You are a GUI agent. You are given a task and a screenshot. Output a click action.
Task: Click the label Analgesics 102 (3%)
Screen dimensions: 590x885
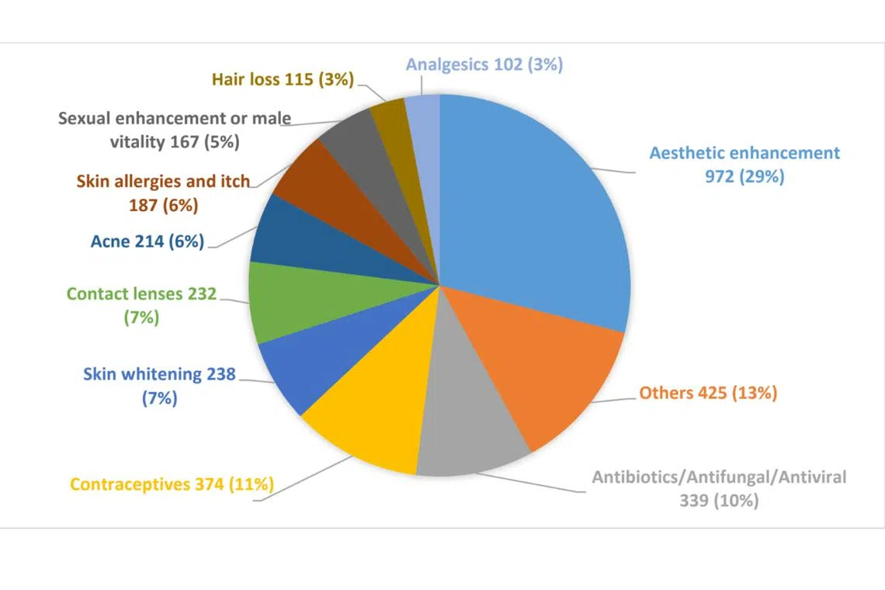click(484, 64)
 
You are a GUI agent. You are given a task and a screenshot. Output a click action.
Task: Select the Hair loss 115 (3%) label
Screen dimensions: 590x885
click(283, 78)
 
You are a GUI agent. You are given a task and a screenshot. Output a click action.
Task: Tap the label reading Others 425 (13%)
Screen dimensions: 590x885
click(708, 393)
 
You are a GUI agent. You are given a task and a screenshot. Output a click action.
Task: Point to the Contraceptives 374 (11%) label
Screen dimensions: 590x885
click(172, 484)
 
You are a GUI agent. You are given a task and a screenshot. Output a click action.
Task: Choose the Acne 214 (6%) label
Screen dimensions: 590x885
click(147, 241)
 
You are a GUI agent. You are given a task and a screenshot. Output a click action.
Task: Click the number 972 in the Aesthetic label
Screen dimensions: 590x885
click(719, 176)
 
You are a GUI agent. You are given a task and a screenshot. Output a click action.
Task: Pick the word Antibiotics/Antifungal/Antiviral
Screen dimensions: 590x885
click(719, 477)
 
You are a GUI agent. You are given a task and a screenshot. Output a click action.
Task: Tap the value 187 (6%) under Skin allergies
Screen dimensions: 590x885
click(163, 206)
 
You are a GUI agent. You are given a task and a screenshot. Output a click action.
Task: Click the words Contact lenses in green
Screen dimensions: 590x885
click(124, 294)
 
